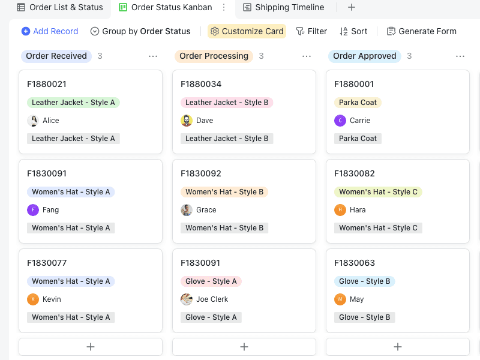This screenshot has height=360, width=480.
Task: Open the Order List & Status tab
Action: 59,7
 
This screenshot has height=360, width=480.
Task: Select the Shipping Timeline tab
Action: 283,7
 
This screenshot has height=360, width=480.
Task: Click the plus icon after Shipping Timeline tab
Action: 352,7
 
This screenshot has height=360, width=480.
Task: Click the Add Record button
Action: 50,31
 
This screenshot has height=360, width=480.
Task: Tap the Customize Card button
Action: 247,31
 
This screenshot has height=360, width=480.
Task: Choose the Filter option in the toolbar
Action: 311,31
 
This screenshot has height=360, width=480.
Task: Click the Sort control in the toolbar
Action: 353,31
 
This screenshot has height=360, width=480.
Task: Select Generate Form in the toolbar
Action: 421,31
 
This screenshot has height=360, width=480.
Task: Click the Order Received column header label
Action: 56,56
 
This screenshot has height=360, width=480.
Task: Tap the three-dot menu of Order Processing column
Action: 307,56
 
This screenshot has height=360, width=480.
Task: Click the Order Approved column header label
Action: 364,56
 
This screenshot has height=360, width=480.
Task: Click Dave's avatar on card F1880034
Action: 187,121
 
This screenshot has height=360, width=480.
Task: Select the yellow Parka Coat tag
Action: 358,103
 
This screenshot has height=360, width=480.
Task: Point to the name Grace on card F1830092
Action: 206,210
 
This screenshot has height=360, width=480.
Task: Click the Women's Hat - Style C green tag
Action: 378,192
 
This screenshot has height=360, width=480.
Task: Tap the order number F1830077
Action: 47,263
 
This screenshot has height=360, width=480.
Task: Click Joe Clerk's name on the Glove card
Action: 212,299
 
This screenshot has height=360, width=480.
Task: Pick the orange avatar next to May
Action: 340,299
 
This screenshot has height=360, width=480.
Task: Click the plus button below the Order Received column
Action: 91,347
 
